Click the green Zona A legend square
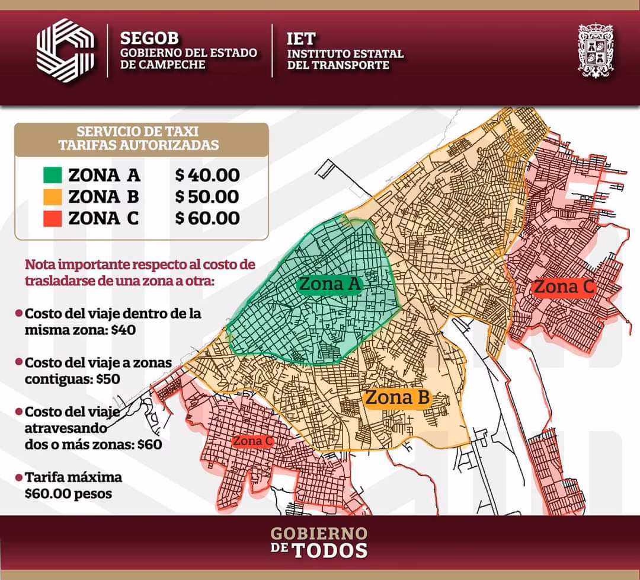53,175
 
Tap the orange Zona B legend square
53,196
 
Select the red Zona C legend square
53,218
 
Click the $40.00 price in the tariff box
207,175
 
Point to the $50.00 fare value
207,196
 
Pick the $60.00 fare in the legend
207,218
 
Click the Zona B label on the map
396,398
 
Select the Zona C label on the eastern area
563,288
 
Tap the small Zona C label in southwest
252,441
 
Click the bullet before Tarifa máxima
20,477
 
